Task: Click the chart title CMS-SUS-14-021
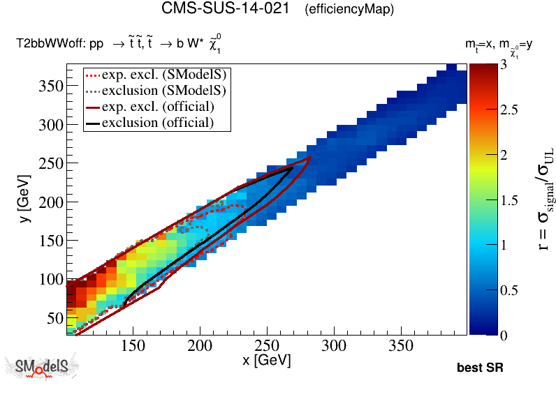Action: pyautogui.click(x=226, y=9)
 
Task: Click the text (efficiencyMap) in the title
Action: pyautogui.click(x=349, y=10)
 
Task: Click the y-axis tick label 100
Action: pyautogui.click(x=48, y=279)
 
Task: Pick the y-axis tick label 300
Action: pyautogui.click(x=48, y=124)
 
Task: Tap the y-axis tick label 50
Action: pyautogui.click(x=53, y=318)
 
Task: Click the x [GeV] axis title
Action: pyautogui.click(x=265, y=361)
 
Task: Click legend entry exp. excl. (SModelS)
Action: pyautogui.click(x=166, y=75)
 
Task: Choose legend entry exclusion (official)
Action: pyautogui.click(x=157, y=123)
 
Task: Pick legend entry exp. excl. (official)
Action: pyautogui.click(x=157, y=107)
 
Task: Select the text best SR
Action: pyautogui.click(x=480, y=368)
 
